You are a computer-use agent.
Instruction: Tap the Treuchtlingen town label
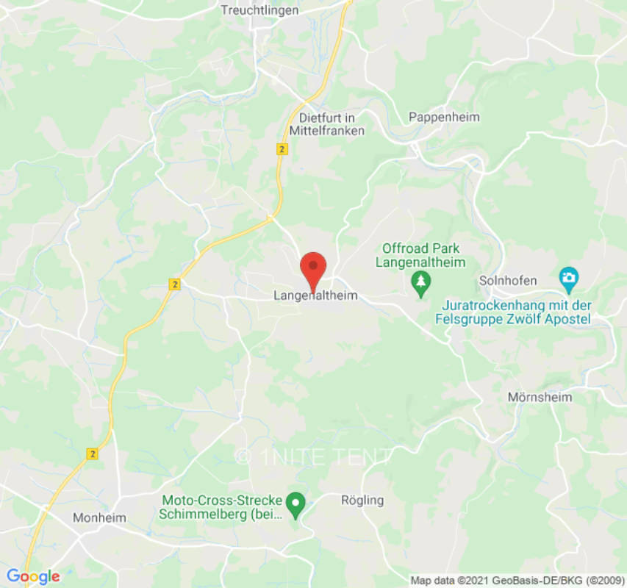coord(260,10)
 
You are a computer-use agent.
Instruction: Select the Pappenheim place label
coord(444,117)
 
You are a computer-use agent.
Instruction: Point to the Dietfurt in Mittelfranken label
coord(332,124)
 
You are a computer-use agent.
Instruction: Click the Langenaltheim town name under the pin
coord(315,295)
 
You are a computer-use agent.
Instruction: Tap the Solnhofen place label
coord(508,280)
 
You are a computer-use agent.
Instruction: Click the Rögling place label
coord(362,500)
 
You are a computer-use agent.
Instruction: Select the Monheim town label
coord(99,517)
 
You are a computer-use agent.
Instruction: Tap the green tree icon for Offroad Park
coord(420,283)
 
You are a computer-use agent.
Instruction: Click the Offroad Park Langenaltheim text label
coord(420,256)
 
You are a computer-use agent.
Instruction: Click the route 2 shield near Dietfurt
coord(282,148)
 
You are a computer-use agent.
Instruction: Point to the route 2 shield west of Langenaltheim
coord(174,284)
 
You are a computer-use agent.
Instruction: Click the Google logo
coord(32,577)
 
